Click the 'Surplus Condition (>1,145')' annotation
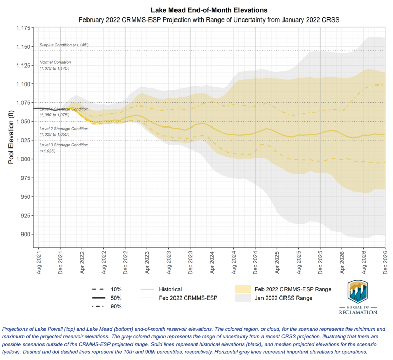[64, 45]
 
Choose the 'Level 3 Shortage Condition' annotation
[64, 145]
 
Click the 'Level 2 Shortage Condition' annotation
[64, 128]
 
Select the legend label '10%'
[116, 289]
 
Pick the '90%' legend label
[116, 306]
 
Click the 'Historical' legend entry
[170, 289]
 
